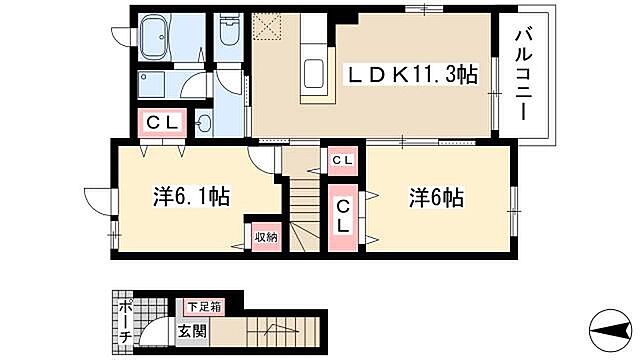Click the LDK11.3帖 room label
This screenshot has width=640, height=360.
[x=410, y=73]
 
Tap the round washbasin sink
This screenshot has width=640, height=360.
[x=205, y=124]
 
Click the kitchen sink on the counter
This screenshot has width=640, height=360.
[x=314, y=75]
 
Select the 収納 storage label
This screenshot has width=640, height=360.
[x=265, y=237]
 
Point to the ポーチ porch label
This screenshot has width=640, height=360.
[x=124, y=322]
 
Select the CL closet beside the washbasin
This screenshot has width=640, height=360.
[x=161, y=124]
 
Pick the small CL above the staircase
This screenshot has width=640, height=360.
[x=342, y=160]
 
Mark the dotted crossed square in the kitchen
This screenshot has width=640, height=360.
[x=269, y=26]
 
